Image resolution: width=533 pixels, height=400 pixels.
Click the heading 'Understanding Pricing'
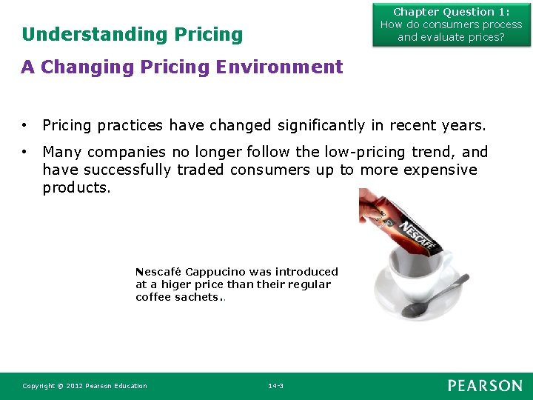[x=132, y=35]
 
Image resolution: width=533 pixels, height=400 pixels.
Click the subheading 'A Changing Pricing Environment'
[x=182, y=67]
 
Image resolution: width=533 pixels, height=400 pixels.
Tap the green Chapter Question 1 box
[x=451, y=24]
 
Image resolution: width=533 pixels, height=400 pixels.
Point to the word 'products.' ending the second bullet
[x=77, y=187]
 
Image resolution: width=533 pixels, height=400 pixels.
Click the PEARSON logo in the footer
[x=484, y=385]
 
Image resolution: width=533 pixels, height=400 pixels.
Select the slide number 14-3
[x=275, y=386]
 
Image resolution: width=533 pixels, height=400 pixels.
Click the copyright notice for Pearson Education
[x=84, y=386]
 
